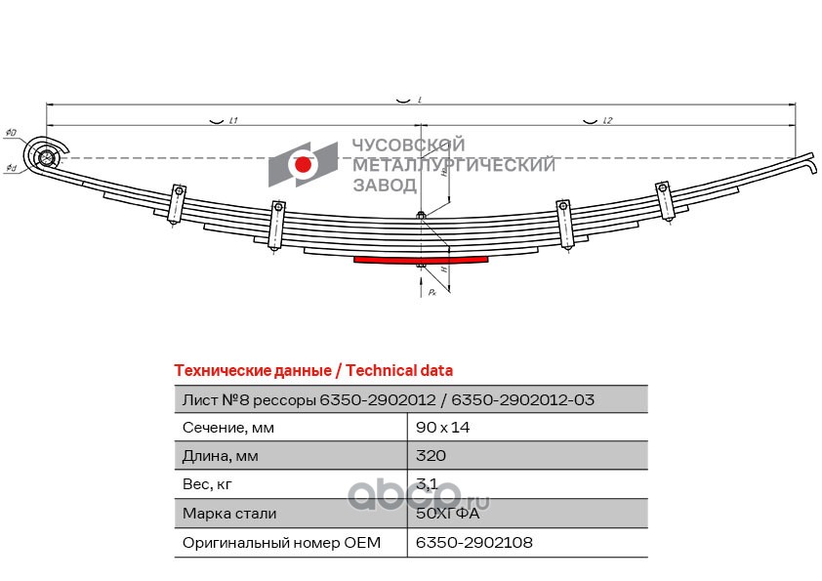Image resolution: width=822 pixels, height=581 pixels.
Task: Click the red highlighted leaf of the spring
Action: click(421, 261)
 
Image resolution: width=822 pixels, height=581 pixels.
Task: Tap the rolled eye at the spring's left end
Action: click(43, 156)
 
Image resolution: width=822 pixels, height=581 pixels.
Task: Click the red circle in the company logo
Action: click(304, 166)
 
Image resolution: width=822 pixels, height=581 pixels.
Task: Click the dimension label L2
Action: click(606, 122)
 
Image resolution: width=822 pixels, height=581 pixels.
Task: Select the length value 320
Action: click(431, 456)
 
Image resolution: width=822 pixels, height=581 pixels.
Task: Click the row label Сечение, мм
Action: click(228, 428)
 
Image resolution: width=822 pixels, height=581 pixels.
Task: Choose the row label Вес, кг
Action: click(209, 484)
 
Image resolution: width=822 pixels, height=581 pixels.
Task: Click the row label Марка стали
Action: click(229, 513)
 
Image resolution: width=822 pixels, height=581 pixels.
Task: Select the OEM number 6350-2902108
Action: click(474, 541)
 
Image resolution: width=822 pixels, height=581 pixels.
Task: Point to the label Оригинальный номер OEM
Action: click(281, 541)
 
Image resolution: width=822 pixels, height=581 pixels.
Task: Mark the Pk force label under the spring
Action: click(431, 292)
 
